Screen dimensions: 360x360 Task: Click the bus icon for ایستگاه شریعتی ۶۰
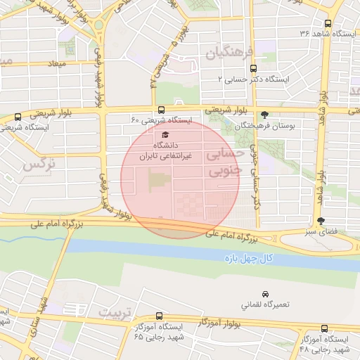click(x=162, y=110)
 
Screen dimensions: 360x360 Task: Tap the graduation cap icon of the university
click(x=165, y=134)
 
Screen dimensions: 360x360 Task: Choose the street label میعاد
click(x=57, y=65)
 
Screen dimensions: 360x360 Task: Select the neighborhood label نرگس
click(x=39, y=165)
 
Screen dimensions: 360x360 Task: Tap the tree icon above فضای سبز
click(x=321, y=221)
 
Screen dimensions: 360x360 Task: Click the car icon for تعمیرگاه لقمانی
click(x=264, y=293)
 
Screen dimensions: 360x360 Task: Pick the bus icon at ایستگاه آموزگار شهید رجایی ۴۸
click(x=324, y=328)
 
